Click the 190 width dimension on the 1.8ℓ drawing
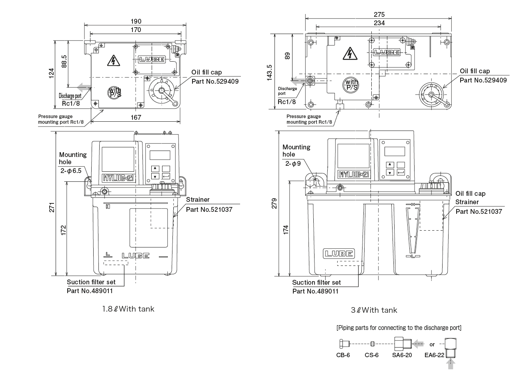tap(136, 21)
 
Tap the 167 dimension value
tap(136, 117)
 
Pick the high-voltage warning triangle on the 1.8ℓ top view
tap(114, 61)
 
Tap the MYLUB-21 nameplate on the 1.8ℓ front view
tap(118, 178)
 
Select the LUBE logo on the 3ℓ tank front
tap(339, 253)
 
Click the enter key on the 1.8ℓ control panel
tap(166, 176)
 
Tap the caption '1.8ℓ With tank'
tap(128, 309)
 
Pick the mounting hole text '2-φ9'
tap(293, 164)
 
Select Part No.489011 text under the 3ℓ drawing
tap(315, 291)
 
